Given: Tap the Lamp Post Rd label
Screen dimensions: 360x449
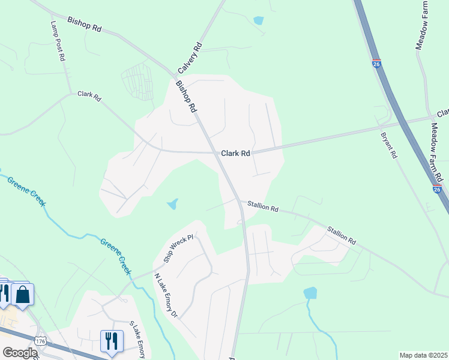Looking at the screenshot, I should (58, 41).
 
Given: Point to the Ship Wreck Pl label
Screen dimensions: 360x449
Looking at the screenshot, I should (178, 248).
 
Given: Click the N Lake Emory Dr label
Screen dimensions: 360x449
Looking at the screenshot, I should (166, 296).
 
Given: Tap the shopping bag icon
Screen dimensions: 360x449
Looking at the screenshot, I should (23, 295).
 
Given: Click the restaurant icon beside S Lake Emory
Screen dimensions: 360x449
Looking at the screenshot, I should (111, 341).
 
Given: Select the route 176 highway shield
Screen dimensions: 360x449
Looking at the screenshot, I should (40, 341).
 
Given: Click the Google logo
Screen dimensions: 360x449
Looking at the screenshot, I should (19, 353).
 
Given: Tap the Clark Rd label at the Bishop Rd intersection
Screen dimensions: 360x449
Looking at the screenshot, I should (235, 154).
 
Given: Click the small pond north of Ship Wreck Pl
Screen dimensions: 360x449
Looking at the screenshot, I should (172, 204).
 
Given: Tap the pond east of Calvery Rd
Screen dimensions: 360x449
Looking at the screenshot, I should (258, 20).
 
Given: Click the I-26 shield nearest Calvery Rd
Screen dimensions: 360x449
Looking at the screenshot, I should (376, 64).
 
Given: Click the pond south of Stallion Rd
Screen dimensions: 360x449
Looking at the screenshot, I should (310, 293).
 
